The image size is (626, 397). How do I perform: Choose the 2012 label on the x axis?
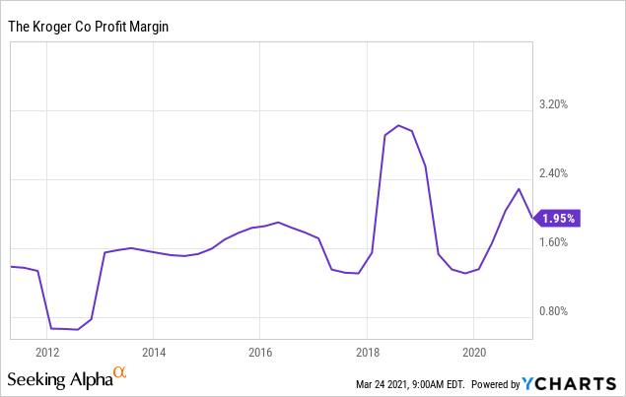[46, 352]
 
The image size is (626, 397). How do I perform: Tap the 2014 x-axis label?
[153, 352]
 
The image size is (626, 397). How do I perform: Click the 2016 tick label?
[259, 352]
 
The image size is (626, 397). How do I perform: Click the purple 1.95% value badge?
[558, 218]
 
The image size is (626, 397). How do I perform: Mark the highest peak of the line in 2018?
[398, 125]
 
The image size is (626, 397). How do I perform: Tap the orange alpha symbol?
[120, 372]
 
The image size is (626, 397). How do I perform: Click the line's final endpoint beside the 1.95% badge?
[532, 218]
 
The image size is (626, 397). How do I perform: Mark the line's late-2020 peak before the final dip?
[519, 188]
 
